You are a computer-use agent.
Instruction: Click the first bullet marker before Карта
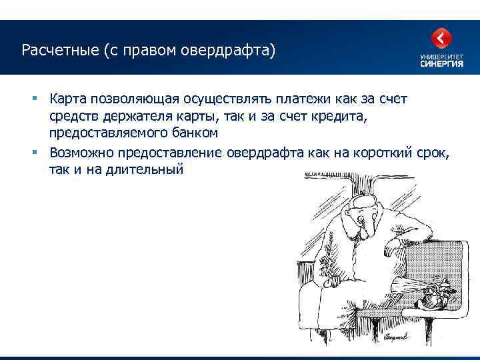click(35, 99)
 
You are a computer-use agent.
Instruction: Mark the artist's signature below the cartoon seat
click(407, 342)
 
